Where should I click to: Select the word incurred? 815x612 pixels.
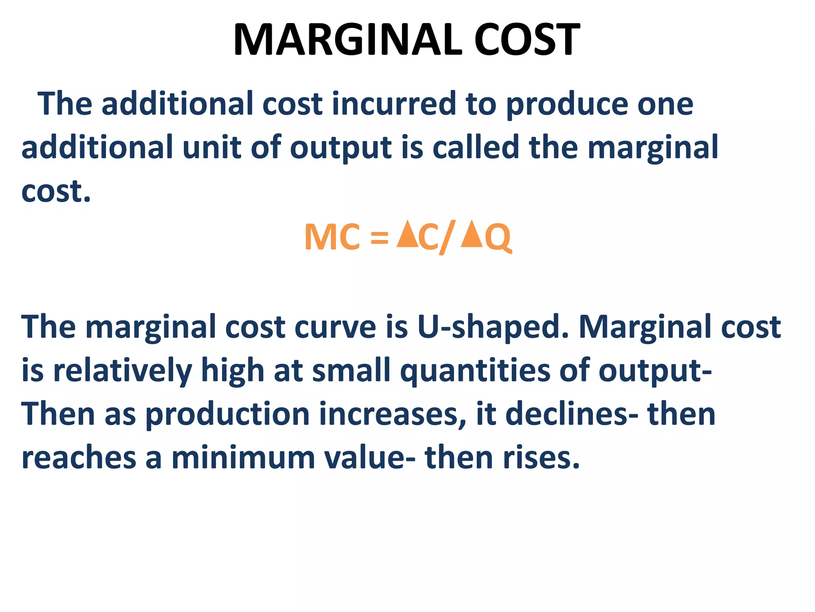394,104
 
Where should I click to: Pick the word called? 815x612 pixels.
476,147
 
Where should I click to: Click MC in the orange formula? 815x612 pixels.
332,237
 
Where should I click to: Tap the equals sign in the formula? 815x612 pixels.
379,238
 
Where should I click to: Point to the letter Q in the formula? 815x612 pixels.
498,238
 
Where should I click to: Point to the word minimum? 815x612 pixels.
243,458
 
